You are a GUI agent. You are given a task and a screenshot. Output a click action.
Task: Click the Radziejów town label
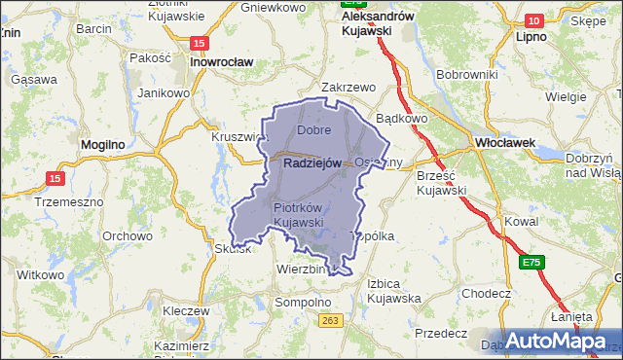pos(311,163)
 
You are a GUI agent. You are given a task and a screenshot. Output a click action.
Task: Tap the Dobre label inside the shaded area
pos(314,129)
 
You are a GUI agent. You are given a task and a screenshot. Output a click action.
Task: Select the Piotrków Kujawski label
pos(298,215)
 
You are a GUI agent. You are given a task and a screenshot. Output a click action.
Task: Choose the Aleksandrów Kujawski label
pos(380,23)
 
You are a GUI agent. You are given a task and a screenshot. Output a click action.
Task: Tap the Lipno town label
pos(532,36)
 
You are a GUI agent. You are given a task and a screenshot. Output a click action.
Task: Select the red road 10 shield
pos(533,20)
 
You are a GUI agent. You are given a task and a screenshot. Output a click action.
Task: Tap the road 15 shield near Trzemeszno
pos(55,178)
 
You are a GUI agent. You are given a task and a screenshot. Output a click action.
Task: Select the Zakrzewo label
pos(348,87)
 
